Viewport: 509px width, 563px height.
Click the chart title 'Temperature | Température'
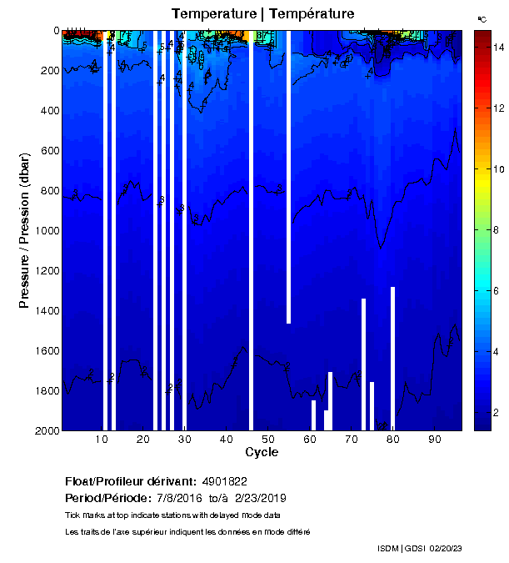262,14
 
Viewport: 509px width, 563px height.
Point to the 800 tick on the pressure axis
48,191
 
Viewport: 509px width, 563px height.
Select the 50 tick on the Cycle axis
268,439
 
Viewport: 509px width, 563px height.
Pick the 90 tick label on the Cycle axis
434,439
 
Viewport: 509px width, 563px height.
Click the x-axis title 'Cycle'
262,452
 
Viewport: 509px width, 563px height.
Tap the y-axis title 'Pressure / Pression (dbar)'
24,231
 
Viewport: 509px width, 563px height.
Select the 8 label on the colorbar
496,229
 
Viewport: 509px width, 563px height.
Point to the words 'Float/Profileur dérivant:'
130,482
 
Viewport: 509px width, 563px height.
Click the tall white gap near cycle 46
252,229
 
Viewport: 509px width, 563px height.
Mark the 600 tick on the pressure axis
48,151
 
